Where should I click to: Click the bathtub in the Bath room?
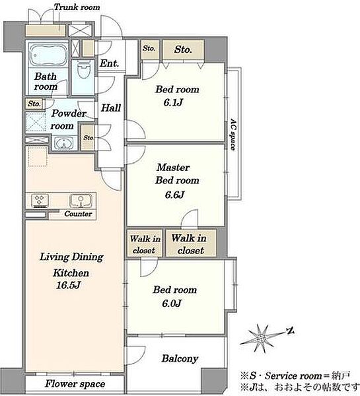pos(48,55)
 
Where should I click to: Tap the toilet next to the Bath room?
pos(83,70)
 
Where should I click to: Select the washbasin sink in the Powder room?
pos(63,144)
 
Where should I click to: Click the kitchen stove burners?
pos(40,201)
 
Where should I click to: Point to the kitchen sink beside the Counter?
pos(81,201)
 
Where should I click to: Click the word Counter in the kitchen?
pos(78,214)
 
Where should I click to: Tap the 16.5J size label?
pos(68,285)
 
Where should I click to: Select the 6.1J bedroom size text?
pos(173,102)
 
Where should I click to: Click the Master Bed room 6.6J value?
pos(174,195)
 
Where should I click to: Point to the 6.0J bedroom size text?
pos(172,303)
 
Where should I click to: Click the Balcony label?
pos(180,358)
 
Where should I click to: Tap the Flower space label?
pos(75,384)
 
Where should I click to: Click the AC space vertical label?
pos(233,135)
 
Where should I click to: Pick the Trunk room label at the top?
pos(77,7)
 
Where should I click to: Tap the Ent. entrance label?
pos(109,63)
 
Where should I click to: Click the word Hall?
pos(111,108)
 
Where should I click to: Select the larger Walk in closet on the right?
pos(191,243)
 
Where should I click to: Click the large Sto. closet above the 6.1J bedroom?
pos(183,49)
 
